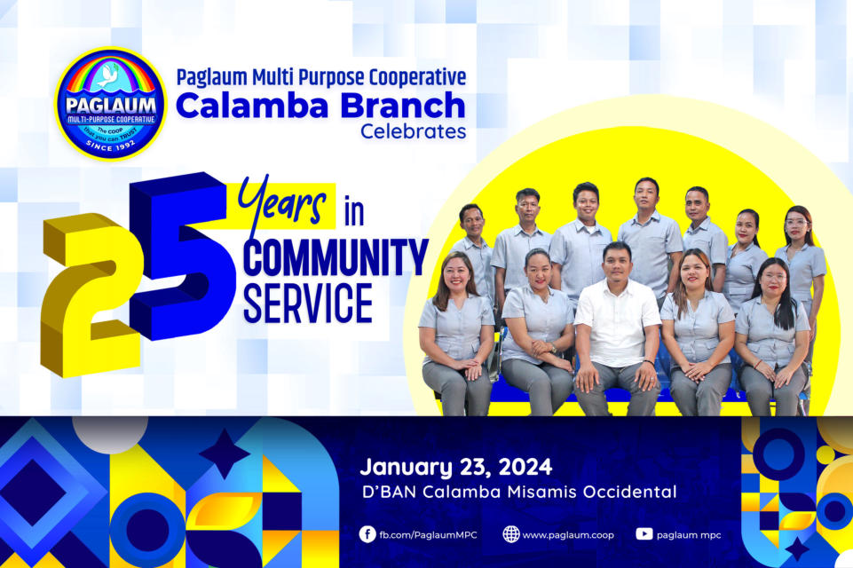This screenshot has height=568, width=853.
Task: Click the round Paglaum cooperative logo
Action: point(110,103)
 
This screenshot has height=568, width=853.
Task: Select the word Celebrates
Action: point(414,131)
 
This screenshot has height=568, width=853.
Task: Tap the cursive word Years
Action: point(281,201)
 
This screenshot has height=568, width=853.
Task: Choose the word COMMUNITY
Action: point(336,258)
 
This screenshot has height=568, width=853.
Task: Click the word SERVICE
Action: point(307,303)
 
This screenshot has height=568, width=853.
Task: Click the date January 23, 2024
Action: point(456,467)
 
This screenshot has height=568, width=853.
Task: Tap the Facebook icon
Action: point(367,534)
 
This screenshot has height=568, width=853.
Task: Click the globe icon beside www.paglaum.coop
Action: point(510,534)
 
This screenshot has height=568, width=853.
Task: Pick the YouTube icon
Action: point(644,534)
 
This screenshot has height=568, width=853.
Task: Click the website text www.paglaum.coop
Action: point(568,535)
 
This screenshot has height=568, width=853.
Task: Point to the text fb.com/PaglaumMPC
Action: point(428,535)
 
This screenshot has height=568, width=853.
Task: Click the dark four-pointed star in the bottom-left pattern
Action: point(225,454)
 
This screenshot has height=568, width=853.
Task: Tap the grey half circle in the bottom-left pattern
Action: point(110,433)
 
